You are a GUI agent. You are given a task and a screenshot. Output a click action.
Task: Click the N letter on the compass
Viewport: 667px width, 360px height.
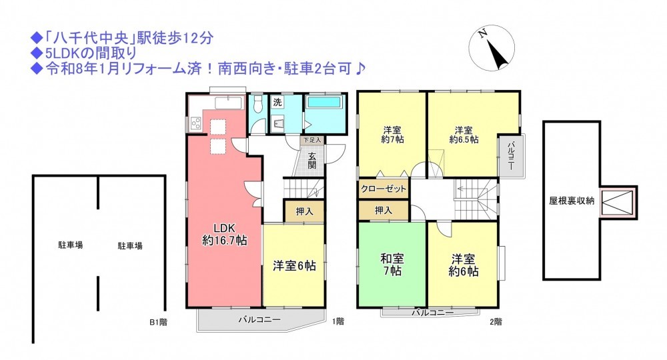click(x=482, y=34)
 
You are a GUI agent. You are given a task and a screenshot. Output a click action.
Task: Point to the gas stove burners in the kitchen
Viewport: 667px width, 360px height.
click(x=196, y=123)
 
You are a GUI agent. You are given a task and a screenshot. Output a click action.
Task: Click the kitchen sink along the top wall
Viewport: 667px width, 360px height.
click(x=228, y=103)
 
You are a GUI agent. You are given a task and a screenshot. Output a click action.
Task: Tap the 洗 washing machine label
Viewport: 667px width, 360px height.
click(x=277, y=102)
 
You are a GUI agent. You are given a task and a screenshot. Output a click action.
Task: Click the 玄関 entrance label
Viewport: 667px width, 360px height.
click(x=312, y=160)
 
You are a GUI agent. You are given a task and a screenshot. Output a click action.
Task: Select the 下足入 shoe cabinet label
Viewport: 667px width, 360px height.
click(x=312, y=140)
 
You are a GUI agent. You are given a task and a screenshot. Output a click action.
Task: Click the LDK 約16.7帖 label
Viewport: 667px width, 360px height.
click(x=224, y=234)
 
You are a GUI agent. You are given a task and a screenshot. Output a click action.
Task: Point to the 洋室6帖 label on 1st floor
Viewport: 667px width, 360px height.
click(x=294, y=266)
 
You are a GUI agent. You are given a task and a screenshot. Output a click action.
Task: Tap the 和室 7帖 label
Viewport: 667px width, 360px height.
click(x=392, y=265)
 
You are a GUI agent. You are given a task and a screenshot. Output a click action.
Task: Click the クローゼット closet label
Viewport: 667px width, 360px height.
click(x=384, y=189)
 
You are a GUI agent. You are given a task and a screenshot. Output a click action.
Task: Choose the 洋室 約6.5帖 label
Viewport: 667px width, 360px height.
click(x=464, y=135)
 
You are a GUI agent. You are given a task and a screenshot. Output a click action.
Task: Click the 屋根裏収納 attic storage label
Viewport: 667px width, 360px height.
click(x=572, y=201)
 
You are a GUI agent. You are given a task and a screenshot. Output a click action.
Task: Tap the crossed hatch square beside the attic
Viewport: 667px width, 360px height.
click(x=618, y=202)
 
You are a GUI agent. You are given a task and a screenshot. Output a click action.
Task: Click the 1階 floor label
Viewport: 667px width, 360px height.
click(x=338, y=322)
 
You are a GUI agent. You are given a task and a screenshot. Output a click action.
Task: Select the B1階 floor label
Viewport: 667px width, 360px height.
click(x=158, y=322)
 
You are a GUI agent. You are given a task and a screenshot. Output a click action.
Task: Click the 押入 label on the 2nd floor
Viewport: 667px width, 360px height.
click(x=384, y=211)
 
